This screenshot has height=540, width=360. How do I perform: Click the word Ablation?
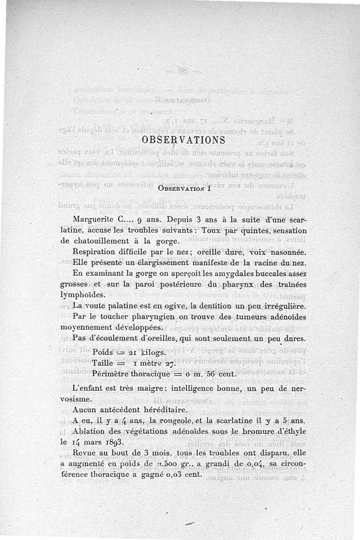89,431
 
